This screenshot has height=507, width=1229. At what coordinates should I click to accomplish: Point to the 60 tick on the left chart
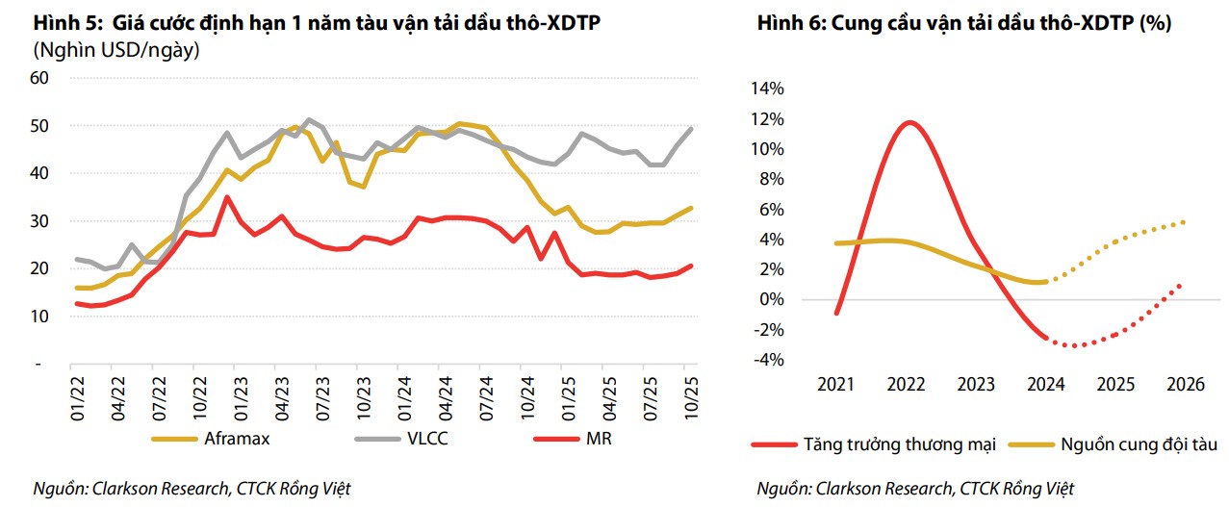(x=39, y=78)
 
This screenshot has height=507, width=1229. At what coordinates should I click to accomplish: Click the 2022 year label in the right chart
(x=906, y=385)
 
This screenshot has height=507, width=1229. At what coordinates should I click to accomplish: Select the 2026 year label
(x=1185, y=385)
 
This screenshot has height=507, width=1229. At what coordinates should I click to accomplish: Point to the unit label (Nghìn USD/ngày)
(x=116, y=50)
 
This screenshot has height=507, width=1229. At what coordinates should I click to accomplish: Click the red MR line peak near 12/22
(x=226, y=197)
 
